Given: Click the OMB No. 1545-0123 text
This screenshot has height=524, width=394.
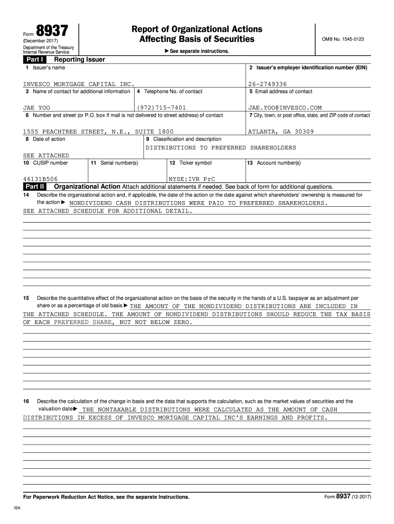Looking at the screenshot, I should click(343, 39).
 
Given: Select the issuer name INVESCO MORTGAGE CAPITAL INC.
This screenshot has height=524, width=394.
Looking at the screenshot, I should click(79, 84).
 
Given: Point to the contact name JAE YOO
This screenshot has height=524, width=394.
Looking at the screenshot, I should click(36, 108).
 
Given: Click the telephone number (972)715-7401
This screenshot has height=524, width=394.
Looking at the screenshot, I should click(162, 108).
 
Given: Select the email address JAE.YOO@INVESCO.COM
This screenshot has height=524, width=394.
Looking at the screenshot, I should click(285, 108).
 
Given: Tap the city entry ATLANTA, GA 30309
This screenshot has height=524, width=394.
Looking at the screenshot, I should click(281, 132).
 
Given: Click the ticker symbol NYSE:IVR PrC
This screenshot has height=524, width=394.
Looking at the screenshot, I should click(192, 179).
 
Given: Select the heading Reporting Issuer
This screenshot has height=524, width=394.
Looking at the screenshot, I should click(83, 59).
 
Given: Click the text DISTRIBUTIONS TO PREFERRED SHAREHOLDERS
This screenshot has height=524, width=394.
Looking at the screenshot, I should click(221, 147).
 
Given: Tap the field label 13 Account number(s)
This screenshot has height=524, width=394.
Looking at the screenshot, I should click(274, 163).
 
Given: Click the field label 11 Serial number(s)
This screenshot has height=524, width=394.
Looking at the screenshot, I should click(114, 163).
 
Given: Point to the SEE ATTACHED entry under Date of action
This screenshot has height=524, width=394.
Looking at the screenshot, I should click(46, 155).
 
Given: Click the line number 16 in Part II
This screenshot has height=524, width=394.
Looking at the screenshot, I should click(26, 402).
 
